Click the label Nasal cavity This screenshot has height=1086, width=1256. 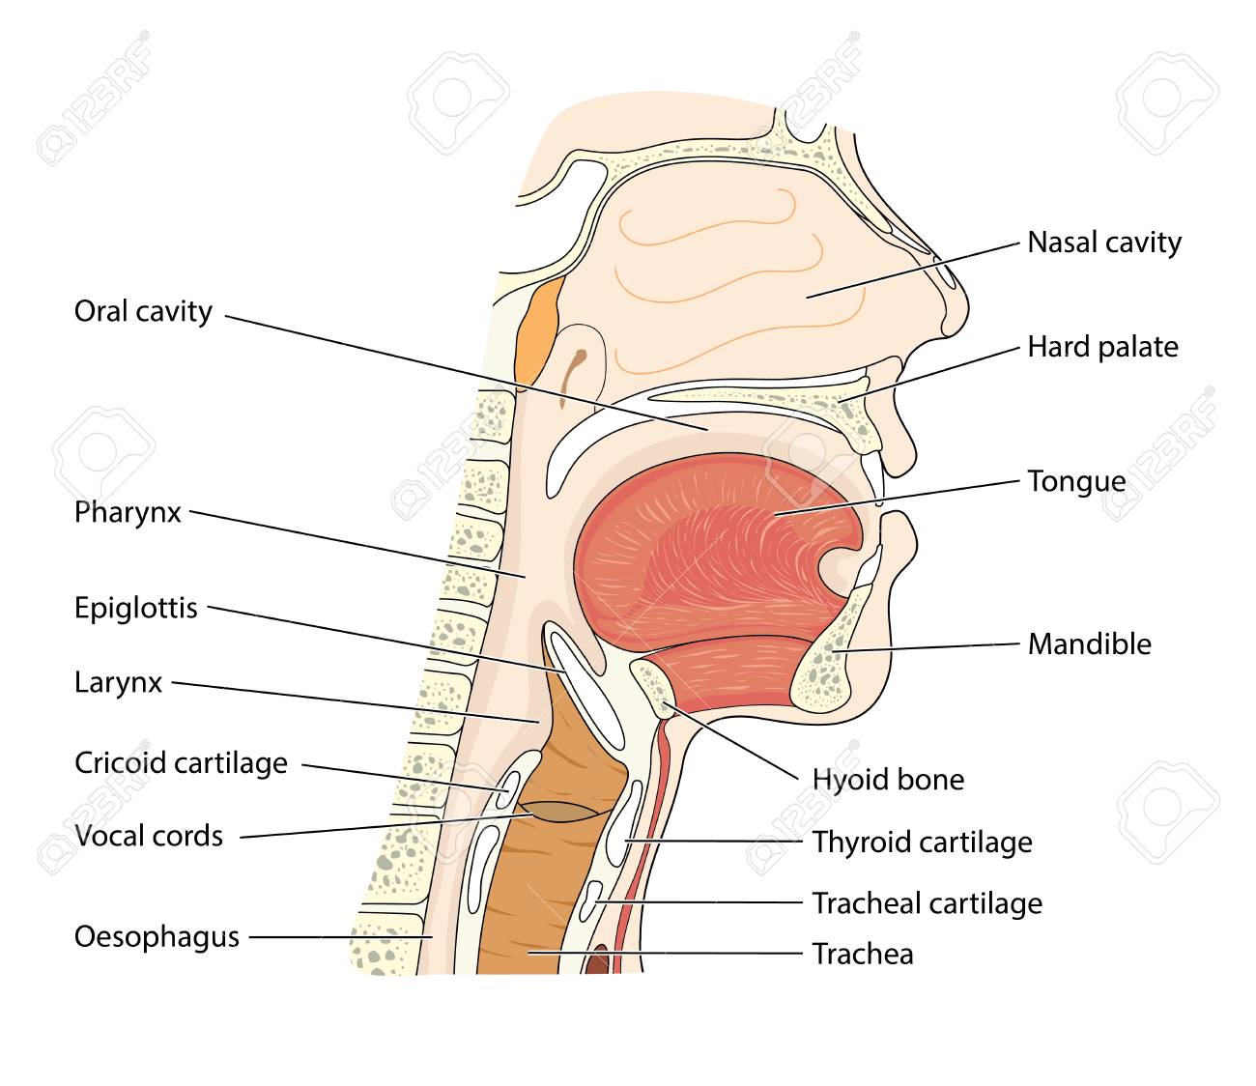[1103, 243]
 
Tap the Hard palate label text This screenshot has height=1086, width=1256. [1102, 347]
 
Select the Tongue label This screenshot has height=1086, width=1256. [1076, 481]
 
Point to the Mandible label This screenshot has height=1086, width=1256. [1089, 643]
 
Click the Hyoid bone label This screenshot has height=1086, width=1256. [887, 780]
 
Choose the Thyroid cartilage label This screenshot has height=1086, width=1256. [922, 843]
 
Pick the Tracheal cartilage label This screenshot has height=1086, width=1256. [927, 903]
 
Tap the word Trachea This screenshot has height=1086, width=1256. [862, 955]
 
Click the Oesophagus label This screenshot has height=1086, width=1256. [157, 936]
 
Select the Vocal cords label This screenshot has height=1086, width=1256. [149, 836]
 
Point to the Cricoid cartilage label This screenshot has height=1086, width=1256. [181, 763]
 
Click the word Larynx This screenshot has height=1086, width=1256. [118, 683]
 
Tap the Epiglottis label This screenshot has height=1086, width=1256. [135, 609]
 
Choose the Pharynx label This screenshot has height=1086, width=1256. [128, 512]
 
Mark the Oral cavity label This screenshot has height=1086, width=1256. [143, 311]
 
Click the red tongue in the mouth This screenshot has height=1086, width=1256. [715, 551]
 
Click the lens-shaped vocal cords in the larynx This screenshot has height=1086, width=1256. [560, 811]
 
